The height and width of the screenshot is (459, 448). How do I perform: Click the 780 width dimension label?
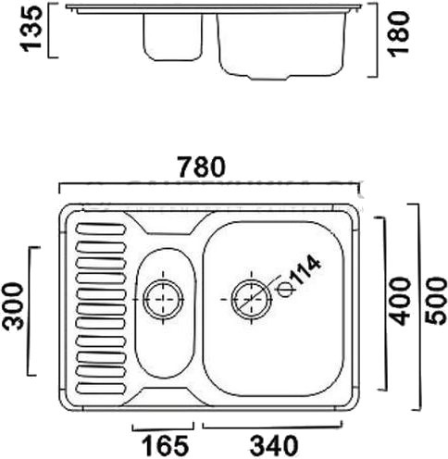pos(202,167)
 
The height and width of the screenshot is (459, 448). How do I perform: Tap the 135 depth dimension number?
pos(31,29)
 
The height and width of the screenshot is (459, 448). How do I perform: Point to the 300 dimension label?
pos(13,306)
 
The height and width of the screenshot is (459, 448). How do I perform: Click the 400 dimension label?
pos(400,301)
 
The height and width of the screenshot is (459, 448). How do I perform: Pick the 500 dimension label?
pos(435,301)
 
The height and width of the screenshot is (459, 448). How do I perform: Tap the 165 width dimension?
pos(165,446)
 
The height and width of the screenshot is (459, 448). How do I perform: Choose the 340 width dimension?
pos(274,446)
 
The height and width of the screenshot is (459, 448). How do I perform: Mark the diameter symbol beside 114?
pos(285,290)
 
